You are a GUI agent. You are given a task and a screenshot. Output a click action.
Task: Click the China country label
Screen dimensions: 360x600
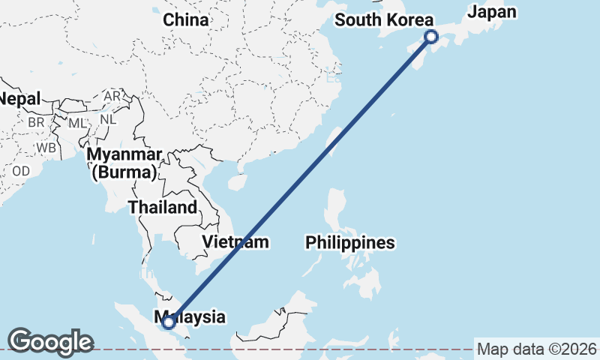[x=185, y=20]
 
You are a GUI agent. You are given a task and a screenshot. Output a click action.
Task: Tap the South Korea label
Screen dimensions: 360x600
[x=384, y=20]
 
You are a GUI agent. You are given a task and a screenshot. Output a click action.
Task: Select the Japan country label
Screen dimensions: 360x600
[x=492, y=11]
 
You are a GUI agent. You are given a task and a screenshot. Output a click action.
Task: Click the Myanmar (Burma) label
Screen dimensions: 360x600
[x=125, y=164]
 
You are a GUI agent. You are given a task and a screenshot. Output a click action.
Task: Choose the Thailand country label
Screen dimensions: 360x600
[x=163, y=208]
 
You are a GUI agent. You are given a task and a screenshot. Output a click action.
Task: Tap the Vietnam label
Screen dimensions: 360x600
[x=235, y=242]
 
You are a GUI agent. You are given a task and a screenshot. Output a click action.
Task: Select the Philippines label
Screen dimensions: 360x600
[x=349, y=243]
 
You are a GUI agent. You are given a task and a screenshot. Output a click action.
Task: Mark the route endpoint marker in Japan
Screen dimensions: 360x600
[x=431, y=36]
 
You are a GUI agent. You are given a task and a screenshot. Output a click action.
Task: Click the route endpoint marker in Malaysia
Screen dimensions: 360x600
[x=169, y=322]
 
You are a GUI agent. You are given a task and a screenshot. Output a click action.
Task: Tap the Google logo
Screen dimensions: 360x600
[x=50, y=341]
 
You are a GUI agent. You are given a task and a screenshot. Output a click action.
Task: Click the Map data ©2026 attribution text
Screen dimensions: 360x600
[x=537, y=349]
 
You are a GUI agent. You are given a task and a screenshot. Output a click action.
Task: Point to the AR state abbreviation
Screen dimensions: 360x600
[x=112, y=97]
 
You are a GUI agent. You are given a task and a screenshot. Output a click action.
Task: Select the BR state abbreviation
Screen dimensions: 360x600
[x=36, y=121]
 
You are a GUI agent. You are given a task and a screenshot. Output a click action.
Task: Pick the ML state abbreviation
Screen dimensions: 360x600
[x=77, y=122]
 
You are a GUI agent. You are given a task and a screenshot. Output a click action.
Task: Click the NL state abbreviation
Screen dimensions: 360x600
[x=108, y=118]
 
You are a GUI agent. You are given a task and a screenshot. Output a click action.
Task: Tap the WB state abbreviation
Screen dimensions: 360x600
[x=46, y=148]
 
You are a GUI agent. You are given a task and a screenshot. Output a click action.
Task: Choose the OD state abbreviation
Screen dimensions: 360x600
[x=20, y=171]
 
